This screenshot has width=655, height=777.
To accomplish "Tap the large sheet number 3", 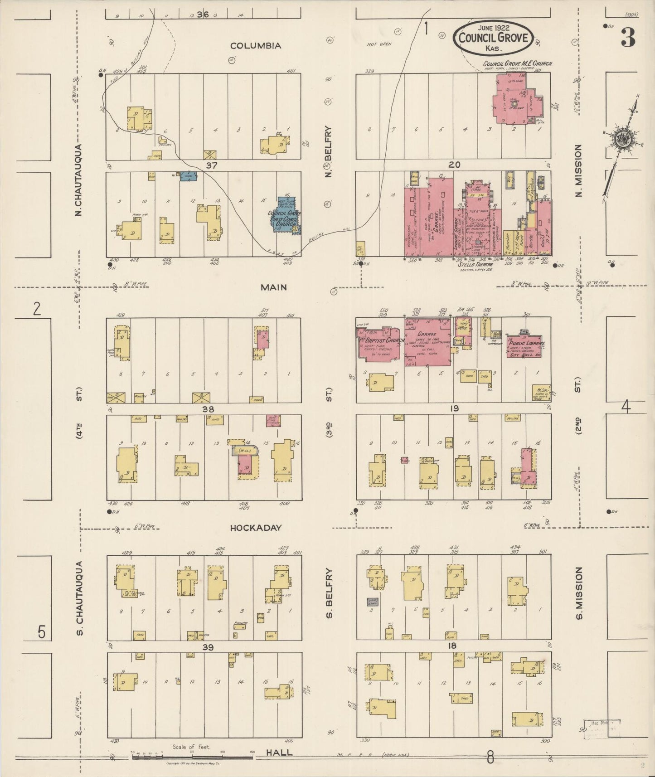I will [x=628, y=38].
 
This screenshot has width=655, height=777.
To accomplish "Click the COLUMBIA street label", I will [x=256, y=46].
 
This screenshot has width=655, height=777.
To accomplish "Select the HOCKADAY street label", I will [x=256, y=528].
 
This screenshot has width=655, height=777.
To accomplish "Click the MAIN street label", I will [x=274, y=287].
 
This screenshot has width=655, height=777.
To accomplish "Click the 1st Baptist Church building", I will [x=380, y=345].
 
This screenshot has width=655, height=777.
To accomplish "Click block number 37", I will [x=211, y=165].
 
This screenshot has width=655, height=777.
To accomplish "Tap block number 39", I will [x=208, y=647].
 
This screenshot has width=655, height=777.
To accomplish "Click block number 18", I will [x=451, y=646].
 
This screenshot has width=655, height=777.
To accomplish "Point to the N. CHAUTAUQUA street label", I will [x=79, y=180].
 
